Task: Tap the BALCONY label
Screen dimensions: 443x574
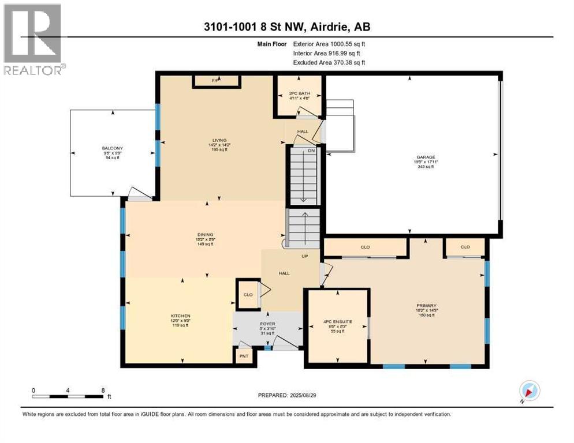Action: (x=113, y=148)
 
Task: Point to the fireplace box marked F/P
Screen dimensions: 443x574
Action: (x=215, y=80)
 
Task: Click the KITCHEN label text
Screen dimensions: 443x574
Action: (x=180, y=316)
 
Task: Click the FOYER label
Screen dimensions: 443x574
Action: (x=267, y=324)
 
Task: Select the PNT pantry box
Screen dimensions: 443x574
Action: (x=244, y=356)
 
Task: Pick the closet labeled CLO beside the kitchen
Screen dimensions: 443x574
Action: (x=248, y=294)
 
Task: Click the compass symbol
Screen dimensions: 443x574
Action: (x=528, y=391)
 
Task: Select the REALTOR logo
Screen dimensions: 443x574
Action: (x=34, y=39)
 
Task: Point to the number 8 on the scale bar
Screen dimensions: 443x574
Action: (x=102, y=390)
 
